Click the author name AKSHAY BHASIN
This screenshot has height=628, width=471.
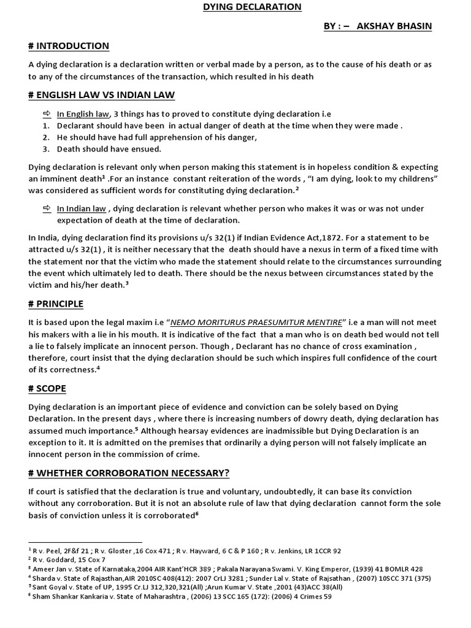pyautogui.click(x=400, y=27)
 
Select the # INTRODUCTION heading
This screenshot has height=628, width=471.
pyautogui.click(x=69, y=46)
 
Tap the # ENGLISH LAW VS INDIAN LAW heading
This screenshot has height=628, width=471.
pyautogui.click(x=101, y=94)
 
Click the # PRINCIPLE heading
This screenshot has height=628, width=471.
pyautogui.click(x=56, y=304)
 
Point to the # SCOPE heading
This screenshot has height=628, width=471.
pyautogui.click(x=47, y=389)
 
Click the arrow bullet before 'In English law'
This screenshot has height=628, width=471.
pyautogui.click(x=47, y=114)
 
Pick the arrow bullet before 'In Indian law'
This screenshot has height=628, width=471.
pyautogui.click(x=47, y=209)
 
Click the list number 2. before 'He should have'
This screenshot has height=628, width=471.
pyautogui.click(x=46, y=137)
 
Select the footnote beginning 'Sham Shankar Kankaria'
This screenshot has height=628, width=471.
pyautogui.click(x=182, y=595)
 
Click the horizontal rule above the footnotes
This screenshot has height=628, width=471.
pyautogui.click(x=85, y=543)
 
